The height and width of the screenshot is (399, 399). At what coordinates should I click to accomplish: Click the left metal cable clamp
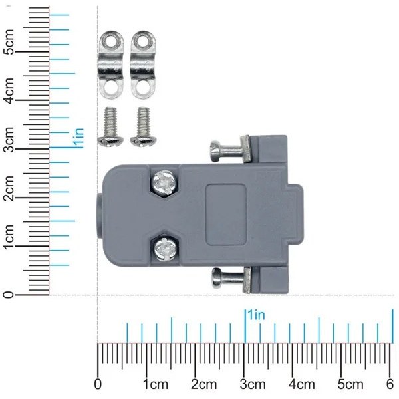tap(110, 65)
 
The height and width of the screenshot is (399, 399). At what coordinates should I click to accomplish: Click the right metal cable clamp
tap(143, 65)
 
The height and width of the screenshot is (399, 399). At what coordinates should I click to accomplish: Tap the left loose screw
tap(110, 127)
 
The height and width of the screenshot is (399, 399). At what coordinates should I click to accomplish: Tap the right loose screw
tap(143, 127)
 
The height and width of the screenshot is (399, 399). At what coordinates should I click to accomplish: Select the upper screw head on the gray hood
tap(164, 182)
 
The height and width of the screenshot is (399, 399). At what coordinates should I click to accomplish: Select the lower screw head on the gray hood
tap(165, 249)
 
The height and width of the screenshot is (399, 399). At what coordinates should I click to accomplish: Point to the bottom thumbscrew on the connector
tap(231, 279)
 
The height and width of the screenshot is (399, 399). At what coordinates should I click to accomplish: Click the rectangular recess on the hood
tap(226, 215)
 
